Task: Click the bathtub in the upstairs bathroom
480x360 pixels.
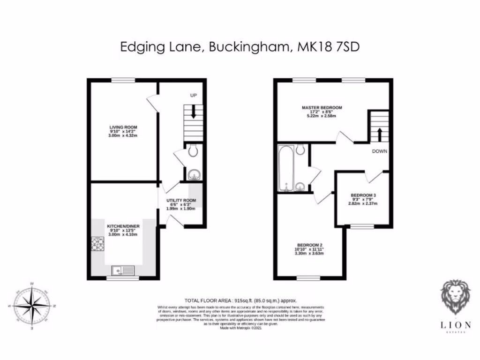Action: pos(285,169)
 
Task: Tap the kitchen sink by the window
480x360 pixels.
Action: pos(123,270)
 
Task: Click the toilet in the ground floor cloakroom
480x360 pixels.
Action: pos(193,150)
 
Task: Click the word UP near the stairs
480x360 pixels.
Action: pos(193,96)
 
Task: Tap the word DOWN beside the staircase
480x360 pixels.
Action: pos(379,151)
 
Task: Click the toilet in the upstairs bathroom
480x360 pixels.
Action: pos(301,149)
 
